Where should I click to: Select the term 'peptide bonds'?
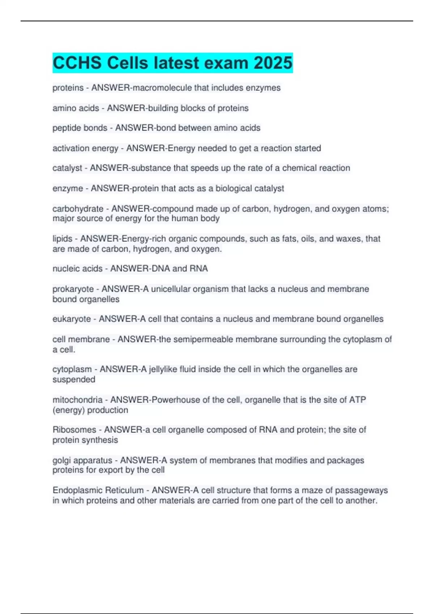(x=80, y=128)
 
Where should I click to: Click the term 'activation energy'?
(x=85, y=148)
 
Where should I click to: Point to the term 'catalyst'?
(x=67, y=168)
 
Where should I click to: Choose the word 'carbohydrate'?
(x=78, y=209)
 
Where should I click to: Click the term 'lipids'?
(x=62, y=239)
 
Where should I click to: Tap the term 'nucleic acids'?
(x=77, y=268)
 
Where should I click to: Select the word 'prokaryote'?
(x=73, y=289)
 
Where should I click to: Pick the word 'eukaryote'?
(x=72, y=319)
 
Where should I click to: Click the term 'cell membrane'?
(x=81, y=339)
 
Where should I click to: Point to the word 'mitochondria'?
(x=77, y=400)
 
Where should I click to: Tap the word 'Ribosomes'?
(x=74, y=430)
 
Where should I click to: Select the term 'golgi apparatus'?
(x=82, y=461)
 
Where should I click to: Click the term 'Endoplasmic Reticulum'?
(x=98, y=490)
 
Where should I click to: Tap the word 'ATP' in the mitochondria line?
(x=357, y=400)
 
